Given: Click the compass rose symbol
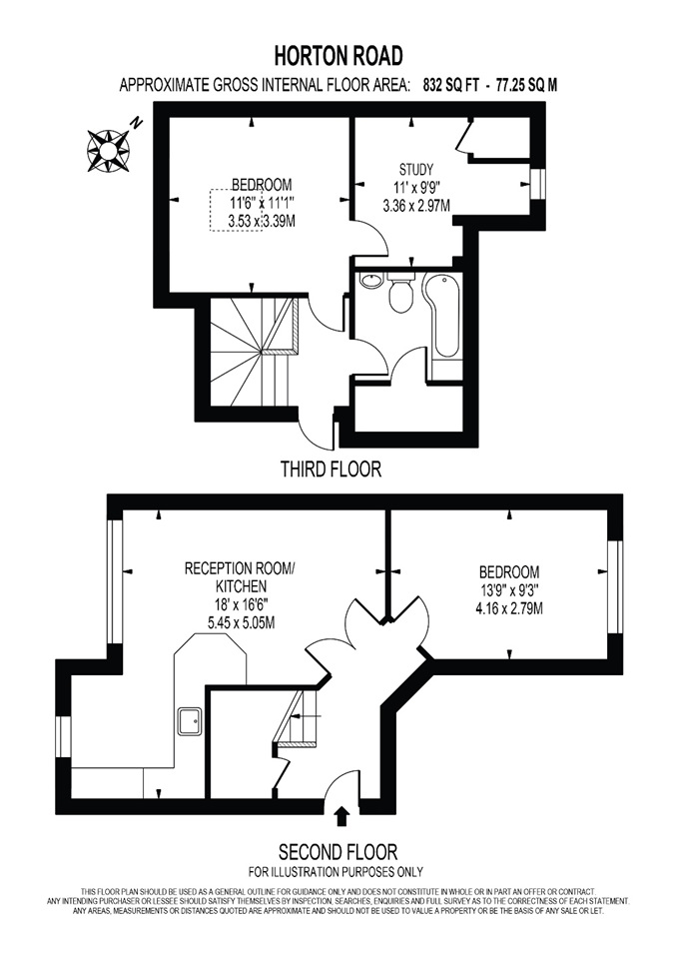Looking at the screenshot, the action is coord(108,151).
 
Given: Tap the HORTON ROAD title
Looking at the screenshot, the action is coord(338,56).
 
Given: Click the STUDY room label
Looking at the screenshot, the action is coord(415,169).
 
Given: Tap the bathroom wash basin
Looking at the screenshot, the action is coord(370,282).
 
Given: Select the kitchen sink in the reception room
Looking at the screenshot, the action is coord(190,721).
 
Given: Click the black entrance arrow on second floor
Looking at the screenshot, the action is coord(343,816).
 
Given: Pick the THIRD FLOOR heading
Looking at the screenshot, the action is coord(331,470).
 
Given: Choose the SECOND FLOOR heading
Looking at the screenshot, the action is coord(338,851).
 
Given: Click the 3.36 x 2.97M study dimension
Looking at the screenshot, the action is coord(416,206).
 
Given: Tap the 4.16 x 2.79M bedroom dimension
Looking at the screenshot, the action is coord(509,608).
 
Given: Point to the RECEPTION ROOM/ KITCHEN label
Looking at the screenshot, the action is coord(239,577).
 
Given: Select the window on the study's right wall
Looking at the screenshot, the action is coord(537,184).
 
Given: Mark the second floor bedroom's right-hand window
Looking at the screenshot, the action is coord(615,587).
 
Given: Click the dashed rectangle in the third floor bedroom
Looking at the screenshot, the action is coord(236,211).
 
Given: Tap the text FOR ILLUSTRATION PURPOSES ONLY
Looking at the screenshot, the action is coord(336,871).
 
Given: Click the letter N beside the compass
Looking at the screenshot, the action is coord(137,123).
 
